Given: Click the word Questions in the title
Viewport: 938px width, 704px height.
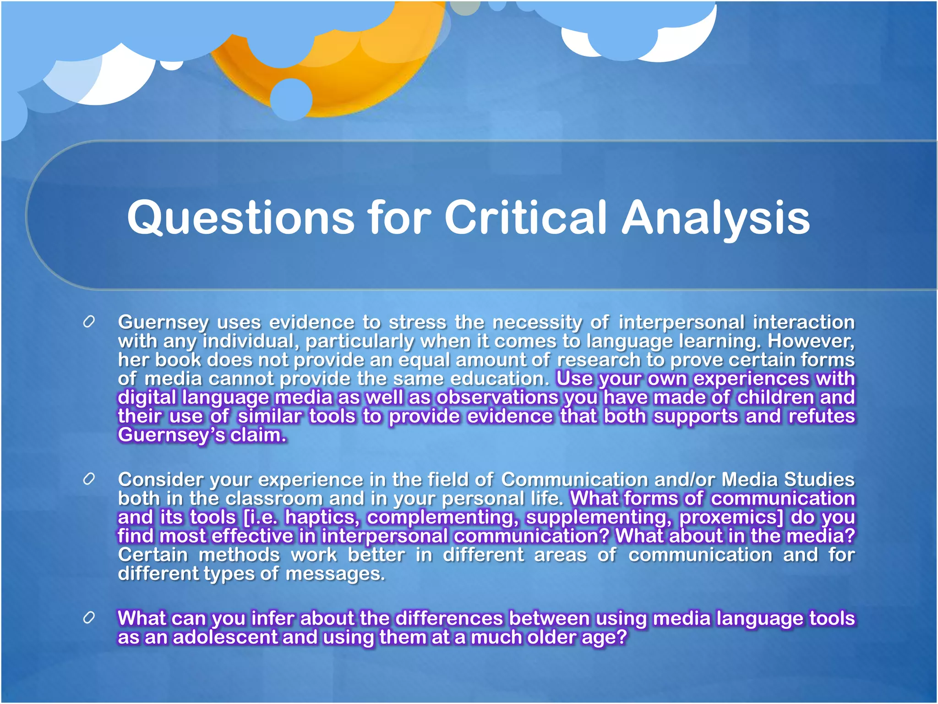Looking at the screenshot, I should click(240, 218).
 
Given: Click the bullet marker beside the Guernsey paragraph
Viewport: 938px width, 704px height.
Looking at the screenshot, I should click(89, 322).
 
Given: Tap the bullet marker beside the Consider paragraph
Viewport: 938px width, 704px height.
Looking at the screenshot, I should click(89, 479).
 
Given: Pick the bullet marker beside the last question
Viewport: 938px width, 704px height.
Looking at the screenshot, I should click(89, 618).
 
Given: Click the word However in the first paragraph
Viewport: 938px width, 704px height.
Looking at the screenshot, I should click(811, 341).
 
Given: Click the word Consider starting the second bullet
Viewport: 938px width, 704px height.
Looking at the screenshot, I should click(160, 479).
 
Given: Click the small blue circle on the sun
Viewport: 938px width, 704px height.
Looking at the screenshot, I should click(291, 99).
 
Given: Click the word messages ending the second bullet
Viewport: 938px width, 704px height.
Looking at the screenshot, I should click(335, 574).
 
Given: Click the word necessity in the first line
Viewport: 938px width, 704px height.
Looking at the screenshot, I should click(537, 322).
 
